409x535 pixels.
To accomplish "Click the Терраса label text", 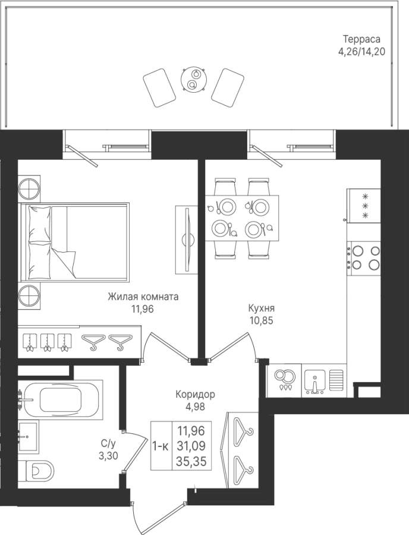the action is pyautogui.click(x=361, y=38).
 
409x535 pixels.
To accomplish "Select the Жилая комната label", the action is pyautogui.click(x=143, y=297).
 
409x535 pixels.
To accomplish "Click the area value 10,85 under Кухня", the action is pyautogui.click(x=261, y=321).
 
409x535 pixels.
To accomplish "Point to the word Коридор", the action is pyautogui.click(x=195, y=395).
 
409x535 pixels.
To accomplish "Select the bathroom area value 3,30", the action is pyautogui.click(x=109, y=455).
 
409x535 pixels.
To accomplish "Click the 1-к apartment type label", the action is pyautogui.click(x=161, y=446).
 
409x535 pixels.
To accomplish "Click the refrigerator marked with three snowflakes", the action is pyautogui.click(x=364, y=206).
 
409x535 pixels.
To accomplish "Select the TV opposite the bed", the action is pyautogui.click(x=186, y=239).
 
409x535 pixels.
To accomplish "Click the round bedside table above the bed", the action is pyautogui.click(x=29, y=187).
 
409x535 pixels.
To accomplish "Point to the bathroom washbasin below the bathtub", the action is pyautogui.click(x=29, y=435).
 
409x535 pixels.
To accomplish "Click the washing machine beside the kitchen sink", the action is pyautogui.click(x=284, y=381).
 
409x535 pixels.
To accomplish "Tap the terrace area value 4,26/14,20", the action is pyautogui.click(x=361, y=52).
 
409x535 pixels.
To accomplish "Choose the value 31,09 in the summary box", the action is pyautogui.click(x=191, y=446).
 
